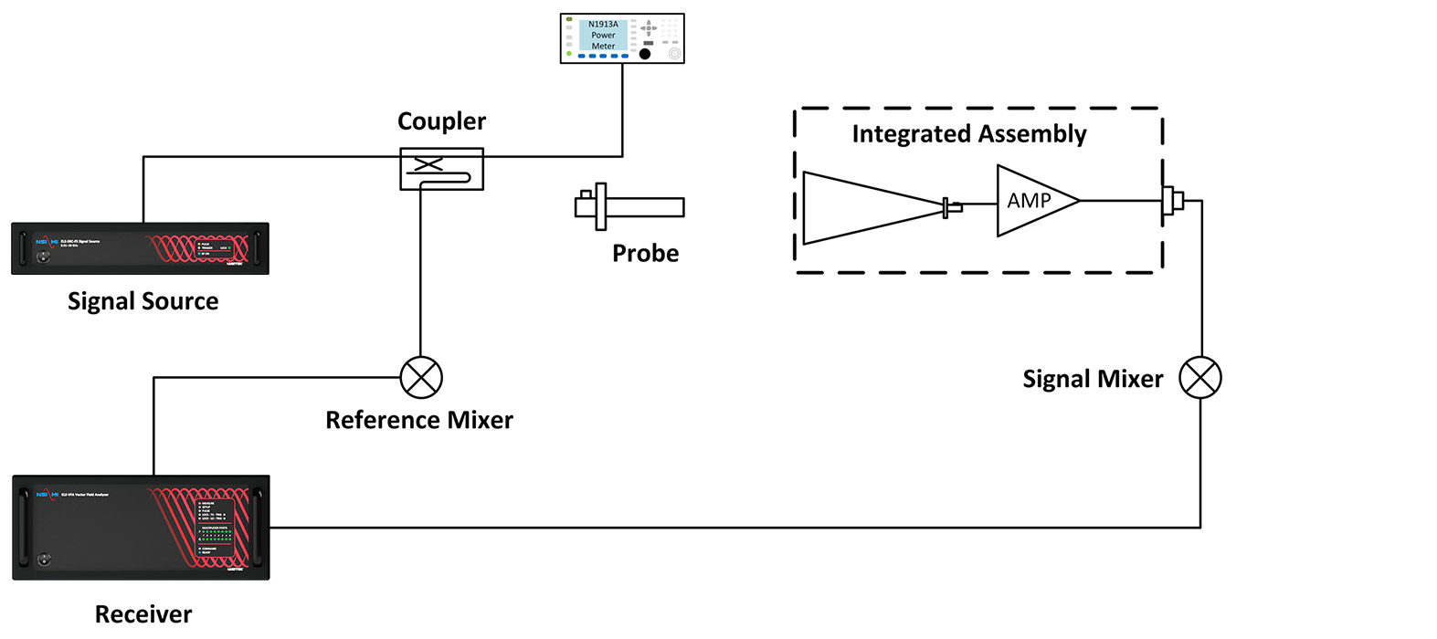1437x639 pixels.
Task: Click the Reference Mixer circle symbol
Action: pyautogui.click(x=421, y=377)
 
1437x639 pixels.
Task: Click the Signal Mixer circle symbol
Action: pyautogui.click(x=1199, y=377)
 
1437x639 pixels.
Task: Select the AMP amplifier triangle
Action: pyautogui.click(x=1032, y=201)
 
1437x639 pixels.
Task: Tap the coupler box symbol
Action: pyautogui.click(x=441, y=169)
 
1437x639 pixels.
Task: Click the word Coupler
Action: pyautogui.click(x=441, y=121)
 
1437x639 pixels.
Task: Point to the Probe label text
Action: pyautogui.click(x=645, y=253)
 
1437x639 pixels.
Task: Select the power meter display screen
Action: pyautogui.click(x=603, y=36)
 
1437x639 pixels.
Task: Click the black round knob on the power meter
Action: pyautogui.click(x=645, y=54)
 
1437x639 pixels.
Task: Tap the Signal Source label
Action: pyautogui.click(x=143, y=301)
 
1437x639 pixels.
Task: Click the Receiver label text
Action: pyautogui.click(x=143, y=613)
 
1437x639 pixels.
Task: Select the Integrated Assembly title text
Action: pyautogui.click(x=968, y=134)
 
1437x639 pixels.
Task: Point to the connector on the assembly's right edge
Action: pyautogui.click(x=1172, y=201)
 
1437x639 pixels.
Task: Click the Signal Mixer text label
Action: pyautogui.click(x=1093, y=379)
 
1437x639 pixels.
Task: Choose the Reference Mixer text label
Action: pyautogui.click(x=419, y=420)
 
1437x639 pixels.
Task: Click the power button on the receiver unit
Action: pyautogui.click(x=45, y=560)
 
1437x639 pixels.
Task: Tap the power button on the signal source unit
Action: pyautogui.click(x=42, y=258)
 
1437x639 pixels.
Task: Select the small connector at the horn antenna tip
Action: pyautogui.click(x=952, y=208)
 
